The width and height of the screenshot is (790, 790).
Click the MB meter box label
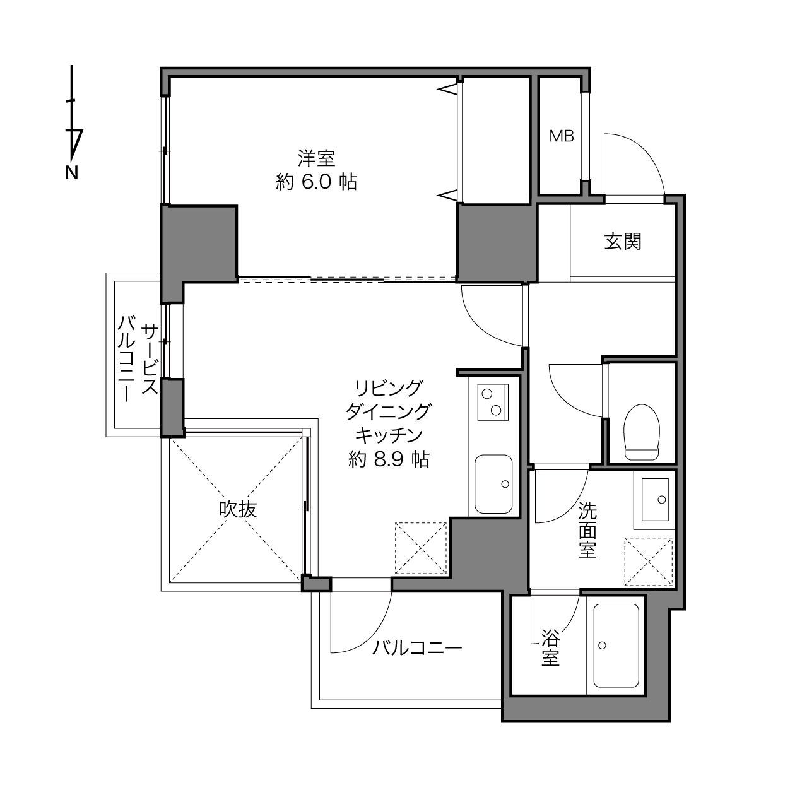coord(561,136)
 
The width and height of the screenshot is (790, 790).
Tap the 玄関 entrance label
coord(623,242)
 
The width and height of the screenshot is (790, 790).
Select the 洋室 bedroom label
coord(317,158)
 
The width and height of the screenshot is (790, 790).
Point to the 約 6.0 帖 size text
coord(317,182)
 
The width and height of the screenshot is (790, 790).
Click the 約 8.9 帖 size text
coord(389,459)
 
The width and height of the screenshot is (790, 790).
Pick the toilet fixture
coord(642,432)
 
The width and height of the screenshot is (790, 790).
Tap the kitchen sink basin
coord(493,484)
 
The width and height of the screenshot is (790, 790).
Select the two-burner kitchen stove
coord(493,402)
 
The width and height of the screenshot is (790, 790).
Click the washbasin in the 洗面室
coord(655,500)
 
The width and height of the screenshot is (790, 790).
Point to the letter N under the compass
coord(71,173)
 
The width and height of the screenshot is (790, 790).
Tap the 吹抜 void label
coord(238,509)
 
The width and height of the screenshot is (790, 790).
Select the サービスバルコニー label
coord(138,359)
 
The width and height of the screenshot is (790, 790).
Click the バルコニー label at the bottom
coord(417,648)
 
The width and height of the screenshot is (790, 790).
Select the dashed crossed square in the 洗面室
coord(649,562)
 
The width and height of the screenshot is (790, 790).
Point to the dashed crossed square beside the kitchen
coord(421,548)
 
